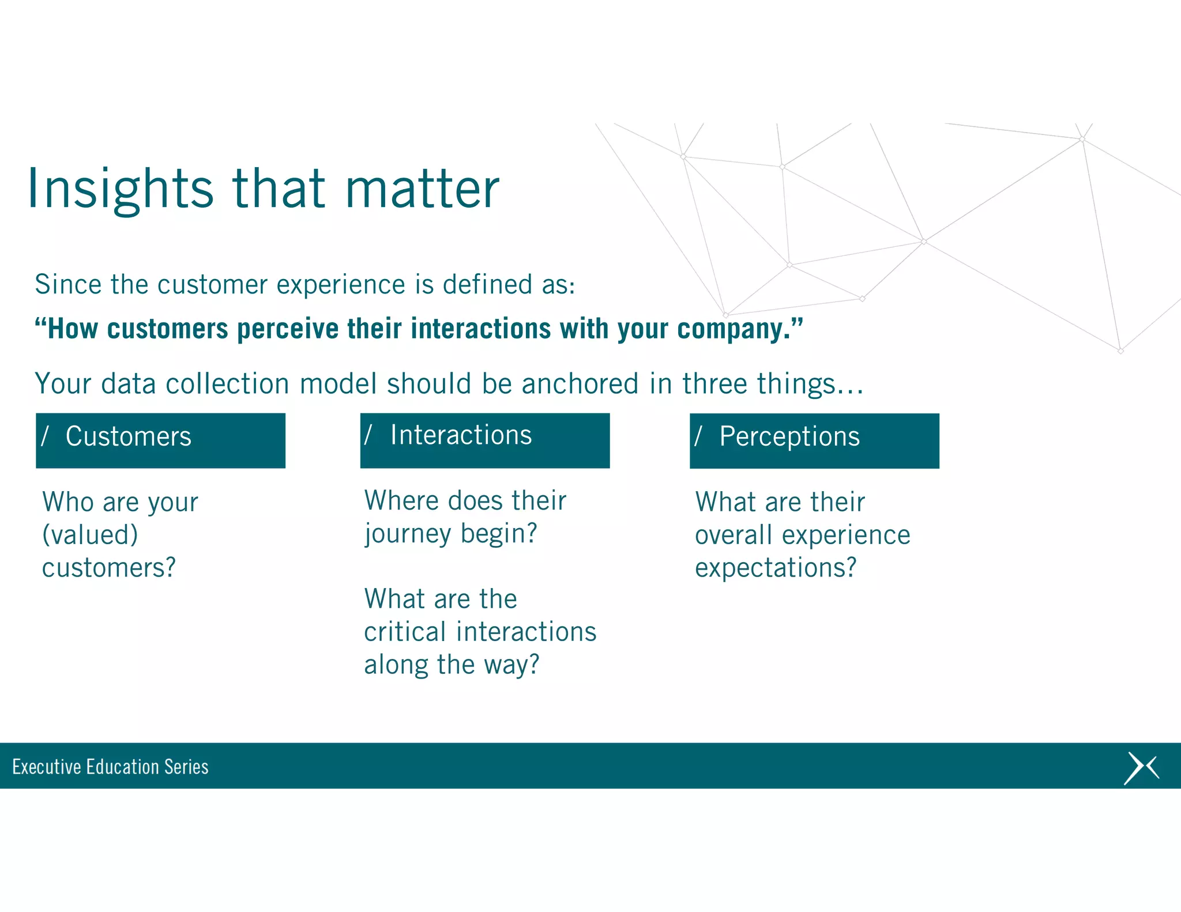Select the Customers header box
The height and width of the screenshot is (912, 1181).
[x=160, y=440]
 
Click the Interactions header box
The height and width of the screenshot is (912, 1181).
[x=484, y=440]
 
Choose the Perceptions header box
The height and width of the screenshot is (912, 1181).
[x=814, y=440]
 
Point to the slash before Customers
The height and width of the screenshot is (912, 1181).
[x=45, y=436]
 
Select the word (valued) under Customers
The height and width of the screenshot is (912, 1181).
[x=90, y=535]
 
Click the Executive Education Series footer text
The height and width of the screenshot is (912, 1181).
[x=110, y=767]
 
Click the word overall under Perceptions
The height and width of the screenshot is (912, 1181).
[x=733, y=536]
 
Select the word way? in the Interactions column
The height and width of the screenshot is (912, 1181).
[x=511, y=665]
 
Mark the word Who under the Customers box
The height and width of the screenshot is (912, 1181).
[x=68, y=502]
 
